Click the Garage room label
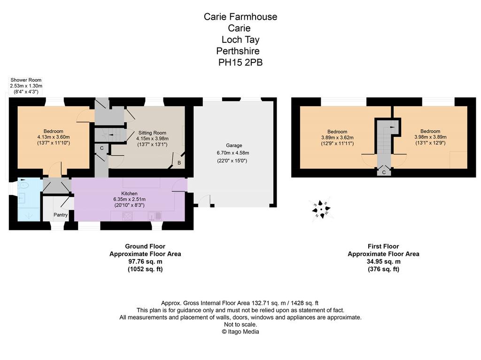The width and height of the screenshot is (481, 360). pos(234,146)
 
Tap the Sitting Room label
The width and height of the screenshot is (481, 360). pos(152,133)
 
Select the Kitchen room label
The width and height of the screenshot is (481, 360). pos(130,194)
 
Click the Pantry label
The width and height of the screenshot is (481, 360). pos(61,215)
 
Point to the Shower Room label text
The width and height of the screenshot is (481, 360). pos(26,80)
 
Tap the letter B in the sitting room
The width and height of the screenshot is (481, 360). pos(179,163)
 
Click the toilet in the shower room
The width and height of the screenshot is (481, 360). pos(23,185)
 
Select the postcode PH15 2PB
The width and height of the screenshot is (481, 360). pos(240,63)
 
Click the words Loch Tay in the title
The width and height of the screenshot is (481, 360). pos(240,39)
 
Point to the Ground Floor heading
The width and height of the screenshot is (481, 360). pos(145,246)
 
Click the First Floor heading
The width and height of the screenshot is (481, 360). pos(383,246)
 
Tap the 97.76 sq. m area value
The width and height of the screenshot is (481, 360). pos(145,262)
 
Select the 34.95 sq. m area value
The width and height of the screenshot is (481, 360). pos(383,262)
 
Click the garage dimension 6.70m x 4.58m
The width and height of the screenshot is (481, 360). pos(233,153)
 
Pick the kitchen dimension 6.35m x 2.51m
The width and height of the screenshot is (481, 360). pos(130,199)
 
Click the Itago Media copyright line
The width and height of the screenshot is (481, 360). pos(240,332)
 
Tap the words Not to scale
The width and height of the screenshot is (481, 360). pos(240,324)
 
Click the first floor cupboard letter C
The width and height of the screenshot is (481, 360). pos(384,172)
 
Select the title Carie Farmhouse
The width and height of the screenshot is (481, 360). pos(240,16)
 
